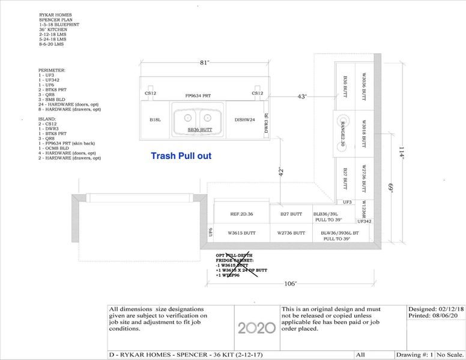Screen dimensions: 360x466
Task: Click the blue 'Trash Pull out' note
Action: [x=181, y=156]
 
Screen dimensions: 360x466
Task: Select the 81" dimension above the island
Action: [x=205, y=62]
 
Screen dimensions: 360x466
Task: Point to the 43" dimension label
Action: [x=302, y=96]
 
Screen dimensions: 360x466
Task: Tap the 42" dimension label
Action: [x=280, y=171]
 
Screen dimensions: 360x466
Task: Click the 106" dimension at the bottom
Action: [x=290, y=284]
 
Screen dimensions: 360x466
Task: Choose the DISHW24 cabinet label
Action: [x=245, y=120]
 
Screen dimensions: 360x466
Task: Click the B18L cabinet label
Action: [x=155, y=120]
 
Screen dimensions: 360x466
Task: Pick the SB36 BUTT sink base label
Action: [x=199, y=130]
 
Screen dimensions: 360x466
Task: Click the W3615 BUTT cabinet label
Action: [x=242, y=233]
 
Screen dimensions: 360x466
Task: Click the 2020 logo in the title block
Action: [x=256, y=328]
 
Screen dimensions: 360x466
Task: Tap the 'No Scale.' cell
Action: [x=450, y=355]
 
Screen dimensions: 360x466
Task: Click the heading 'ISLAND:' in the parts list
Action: [x=48, y=119]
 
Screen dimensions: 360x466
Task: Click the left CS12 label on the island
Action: [x=150, y=94]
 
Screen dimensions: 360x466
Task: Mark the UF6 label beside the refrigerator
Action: [x=210, y=232]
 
